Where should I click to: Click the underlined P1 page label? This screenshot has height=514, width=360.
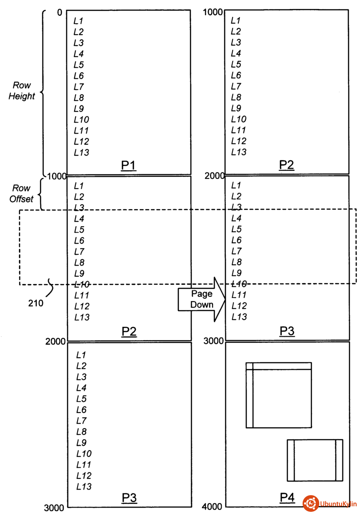point(129,165)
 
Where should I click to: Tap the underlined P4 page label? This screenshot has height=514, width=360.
point(287,497)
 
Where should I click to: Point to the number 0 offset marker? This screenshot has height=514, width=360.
point(59,13)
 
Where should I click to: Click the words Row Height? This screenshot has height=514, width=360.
point(21,91)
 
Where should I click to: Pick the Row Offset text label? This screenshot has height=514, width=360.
point(21,194)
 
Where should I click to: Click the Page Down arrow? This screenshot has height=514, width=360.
point(201,299)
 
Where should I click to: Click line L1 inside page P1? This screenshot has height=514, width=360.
point(78,21)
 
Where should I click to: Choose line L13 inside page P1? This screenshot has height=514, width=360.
point(81,152)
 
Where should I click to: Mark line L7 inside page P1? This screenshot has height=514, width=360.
point(78,87)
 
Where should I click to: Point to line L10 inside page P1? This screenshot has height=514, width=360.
point(81,120)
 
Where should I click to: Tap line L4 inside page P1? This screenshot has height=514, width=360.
point(78,54)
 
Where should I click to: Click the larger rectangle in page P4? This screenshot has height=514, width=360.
point(279,395)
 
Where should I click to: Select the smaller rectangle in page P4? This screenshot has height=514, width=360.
point(315,460)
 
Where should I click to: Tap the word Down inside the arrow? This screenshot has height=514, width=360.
point(201,305)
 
